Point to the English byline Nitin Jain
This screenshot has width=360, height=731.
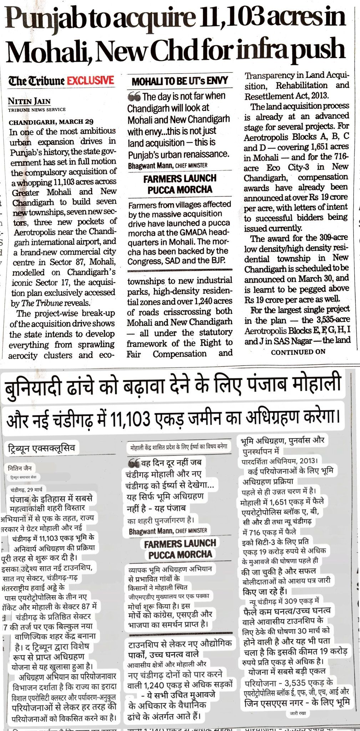[29, 101]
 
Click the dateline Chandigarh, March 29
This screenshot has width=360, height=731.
[51, 122]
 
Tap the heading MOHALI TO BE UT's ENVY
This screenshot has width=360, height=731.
[180, 81]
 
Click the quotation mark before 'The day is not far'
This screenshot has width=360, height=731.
[134, 96]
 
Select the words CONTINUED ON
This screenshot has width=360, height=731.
[298, 352]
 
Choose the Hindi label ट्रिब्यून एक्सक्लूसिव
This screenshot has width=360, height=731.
[41, 449]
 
